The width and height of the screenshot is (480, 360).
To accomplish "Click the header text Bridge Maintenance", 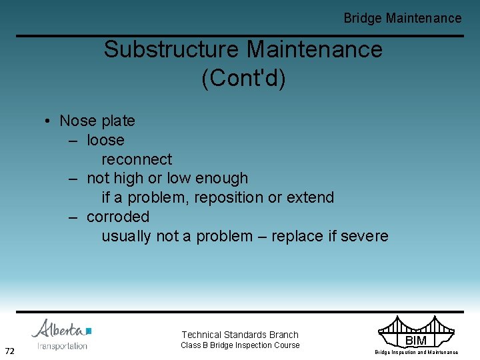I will pos(402,19).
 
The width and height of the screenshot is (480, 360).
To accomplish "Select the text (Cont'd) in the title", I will pos(243,78).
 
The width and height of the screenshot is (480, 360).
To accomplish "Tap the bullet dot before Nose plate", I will pos(48,121).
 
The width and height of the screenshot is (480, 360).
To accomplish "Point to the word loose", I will pos(105,141).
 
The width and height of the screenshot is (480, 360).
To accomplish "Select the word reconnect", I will pos(137,160).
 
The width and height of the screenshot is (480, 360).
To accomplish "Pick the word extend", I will pos(310,198).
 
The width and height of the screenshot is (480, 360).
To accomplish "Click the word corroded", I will pos(118,217).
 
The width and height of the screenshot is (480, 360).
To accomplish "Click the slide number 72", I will pos(10,351).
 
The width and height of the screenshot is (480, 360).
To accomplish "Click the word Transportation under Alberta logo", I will pos(62,346).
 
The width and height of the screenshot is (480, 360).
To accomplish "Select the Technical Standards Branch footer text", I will pos(240,335).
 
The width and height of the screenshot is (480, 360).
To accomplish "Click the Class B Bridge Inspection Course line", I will pos(240,345).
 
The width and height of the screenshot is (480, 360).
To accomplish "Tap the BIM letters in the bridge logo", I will pos(416,341).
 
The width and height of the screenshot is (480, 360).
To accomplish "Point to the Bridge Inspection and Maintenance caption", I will pos(416,353).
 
